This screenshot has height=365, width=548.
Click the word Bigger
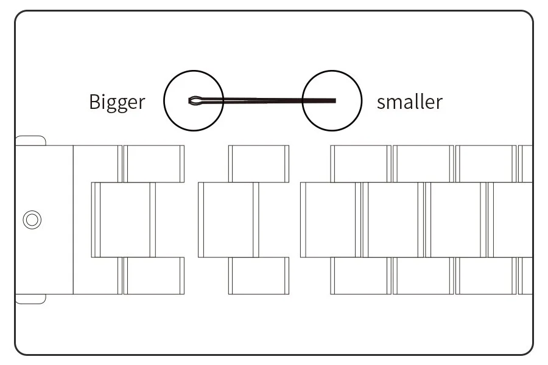(117, 102)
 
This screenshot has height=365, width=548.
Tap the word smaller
(409, 102)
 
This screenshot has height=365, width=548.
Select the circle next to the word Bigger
(194, 101)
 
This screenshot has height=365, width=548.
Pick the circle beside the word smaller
(332, 101)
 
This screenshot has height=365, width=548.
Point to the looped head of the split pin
(195, 100)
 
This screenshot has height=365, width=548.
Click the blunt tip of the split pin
(334, 100)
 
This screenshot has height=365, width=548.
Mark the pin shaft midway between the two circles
(263, 100)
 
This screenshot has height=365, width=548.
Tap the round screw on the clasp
(32, 220)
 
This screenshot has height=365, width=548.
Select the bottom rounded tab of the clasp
(30, 298)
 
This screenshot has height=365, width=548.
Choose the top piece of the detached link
(259, 163)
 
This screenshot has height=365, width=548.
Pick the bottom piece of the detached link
(259, 276)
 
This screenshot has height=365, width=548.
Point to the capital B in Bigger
(94, 102)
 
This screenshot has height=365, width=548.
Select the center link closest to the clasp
(124, 220)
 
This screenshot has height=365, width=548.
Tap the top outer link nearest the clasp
(153, 163)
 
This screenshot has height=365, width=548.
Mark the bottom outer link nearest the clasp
(153, 276)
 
